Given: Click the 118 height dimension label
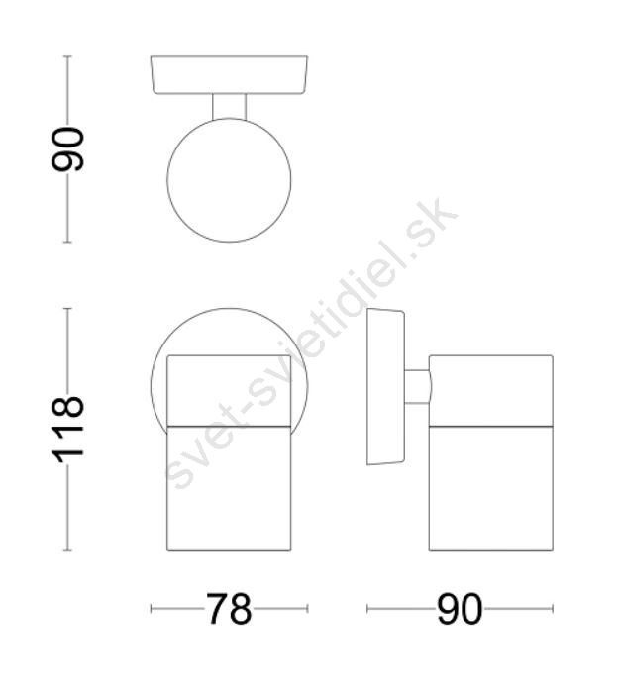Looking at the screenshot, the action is click(x=67, y=430).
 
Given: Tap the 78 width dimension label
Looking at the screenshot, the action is click(x=229, y=609).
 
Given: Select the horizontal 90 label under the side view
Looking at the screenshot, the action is click(x=460, y=609).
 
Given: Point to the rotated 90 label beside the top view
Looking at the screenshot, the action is click(x=67, y=148).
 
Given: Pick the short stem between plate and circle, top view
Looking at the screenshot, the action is click(x=229, y=107).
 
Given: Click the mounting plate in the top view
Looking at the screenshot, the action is click(x=229, y=75).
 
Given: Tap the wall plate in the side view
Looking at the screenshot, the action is click(x=385, y=386).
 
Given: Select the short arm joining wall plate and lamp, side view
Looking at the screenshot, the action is click(x=418, y=386).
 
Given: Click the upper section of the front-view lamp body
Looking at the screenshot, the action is click(x=229, y=390).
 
